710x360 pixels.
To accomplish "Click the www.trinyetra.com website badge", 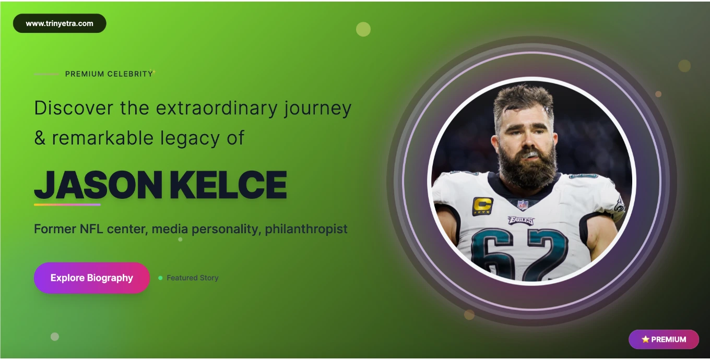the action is pyautogui.click(x=60, y=23).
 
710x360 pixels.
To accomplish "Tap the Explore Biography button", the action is pyautogui.click(x=92, y=278).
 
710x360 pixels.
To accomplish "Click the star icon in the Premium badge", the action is pyautogui.click(x=645, y=339).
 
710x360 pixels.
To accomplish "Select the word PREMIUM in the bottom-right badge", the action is pyautogui.click(x=668, y=340).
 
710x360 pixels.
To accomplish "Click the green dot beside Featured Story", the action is pyautogui.click(x=160, y=278).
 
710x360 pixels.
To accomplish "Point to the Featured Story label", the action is pyautogui.click(x=193, y=278).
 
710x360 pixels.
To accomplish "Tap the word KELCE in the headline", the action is pyautogui.click(x=228, y=185).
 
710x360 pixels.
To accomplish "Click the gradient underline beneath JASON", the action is pyautogui.click(x=67, y=205).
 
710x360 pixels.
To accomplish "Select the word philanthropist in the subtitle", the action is pyautogui.click(x=306, y=229).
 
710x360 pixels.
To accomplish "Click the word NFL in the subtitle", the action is pyautogui.click(x=91, y=229).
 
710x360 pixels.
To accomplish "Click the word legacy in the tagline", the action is pyautogui.click(x=190, y=138).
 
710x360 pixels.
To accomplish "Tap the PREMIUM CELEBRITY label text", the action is pyautogui.click(x=109, y=74).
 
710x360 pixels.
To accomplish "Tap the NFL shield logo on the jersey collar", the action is pyautogui.click(x=523, y=205).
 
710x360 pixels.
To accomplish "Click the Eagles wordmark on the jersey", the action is pyautogui.click(x=521, y=220).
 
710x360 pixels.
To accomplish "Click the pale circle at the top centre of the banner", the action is pyautogui.click(x=363, y=29).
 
